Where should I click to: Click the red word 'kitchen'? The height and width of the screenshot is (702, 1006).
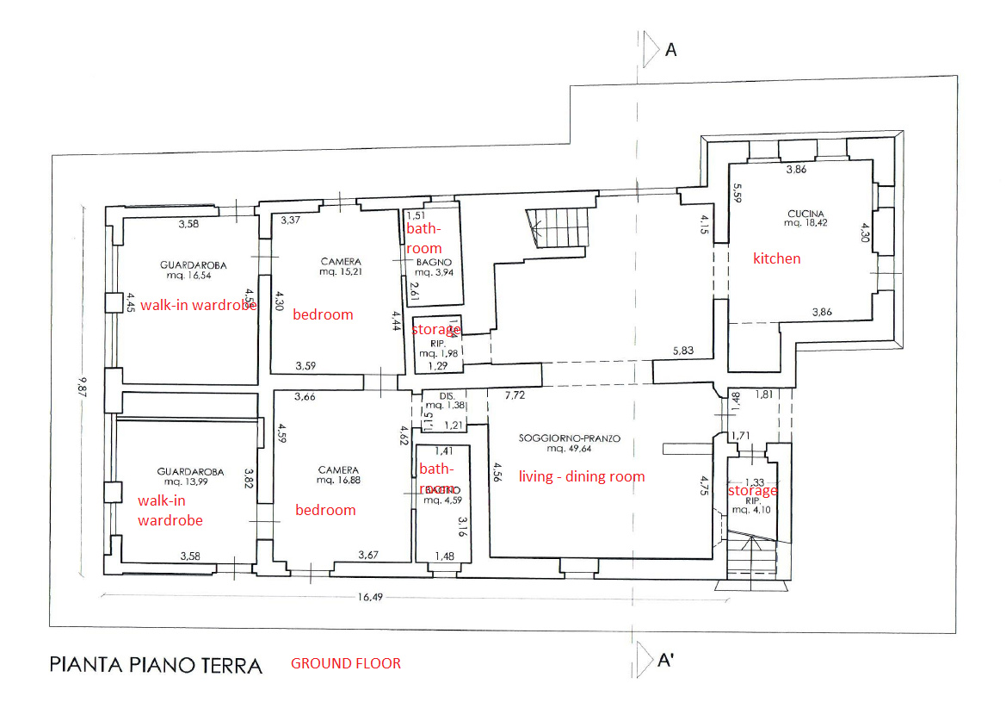coord(777,258)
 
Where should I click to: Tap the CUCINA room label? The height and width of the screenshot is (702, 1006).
coord(805,214)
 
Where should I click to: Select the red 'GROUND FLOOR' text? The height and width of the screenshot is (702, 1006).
coord(346,663)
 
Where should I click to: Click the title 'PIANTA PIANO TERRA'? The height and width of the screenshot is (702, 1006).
coord(156,665)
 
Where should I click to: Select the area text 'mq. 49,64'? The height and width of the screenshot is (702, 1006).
coord(569,449)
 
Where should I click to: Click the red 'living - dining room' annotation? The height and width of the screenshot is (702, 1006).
coord(581,476)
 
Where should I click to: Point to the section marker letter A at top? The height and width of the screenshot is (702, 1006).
coord(671,50)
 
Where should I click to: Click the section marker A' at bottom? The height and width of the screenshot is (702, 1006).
coord(664,661)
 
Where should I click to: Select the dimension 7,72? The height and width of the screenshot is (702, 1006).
coord(515,395)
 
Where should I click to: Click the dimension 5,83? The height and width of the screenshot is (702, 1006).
coord(683,351)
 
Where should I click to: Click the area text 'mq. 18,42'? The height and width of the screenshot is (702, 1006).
coord(805,223)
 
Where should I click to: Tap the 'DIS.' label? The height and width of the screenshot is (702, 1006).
coord(446,396)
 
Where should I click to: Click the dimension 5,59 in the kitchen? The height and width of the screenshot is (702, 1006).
coord(738,193)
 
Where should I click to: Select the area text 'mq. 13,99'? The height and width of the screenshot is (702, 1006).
coord(190,481)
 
